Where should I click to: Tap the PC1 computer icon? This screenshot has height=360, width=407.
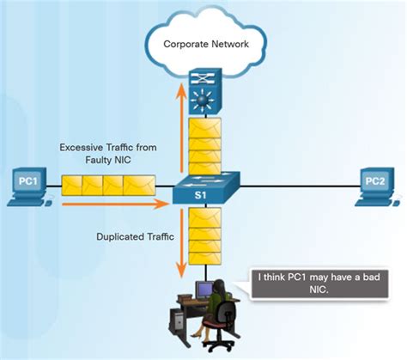coord(27,187)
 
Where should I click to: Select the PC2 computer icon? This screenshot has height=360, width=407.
coord(375,187)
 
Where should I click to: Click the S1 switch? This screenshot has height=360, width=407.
coord(204,191)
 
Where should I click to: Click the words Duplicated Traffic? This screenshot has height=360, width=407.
coord(135,234)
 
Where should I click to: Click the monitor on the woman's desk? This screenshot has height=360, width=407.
coord(204,293)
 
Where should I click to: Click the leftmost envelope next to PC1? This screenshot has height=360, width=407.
coord(75,186)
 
